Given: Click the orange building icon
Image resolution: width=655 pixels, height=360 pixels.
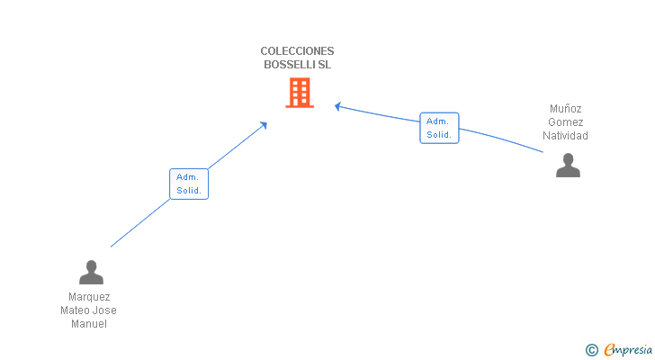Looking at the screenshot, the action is [300, 93].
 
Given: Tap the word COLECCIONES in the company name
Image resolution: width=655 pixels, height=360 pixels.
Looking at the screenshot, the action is [297, 51].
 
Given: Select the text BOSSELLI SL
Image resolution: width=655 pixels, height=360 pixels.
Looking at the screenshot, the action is [297, 65].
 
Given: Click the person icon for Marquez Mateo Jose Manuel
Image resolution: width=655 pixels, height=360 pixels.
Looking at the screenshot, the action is [91, 273].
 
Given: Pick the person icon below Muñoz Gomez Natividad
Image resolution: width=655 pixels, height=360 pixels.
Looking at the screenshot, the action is [568, 166].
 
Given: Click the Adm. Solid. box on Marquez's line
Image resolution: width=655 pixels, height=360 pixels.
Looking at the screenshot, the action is [189, 184].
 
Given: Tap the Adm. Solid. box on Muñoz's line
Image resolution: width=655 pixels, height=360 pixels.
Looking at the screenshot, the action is [439, 128].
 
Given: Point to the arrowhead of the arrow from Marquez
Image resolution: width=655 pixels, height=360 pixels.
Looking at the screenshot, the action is [264, 124].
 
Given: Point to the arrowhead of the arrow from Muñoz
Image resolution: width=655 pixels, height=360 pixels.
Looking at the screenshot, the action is [337, 106].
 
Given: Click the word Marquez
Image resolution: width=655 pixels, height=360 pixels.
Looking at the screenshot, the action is [89, 297].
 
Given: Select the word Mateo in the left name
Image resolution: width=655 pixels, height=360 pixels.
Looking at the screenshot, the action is [75, 310].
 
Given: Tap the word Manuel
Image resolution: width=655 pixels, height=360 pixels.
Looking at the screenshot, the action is [89, 324].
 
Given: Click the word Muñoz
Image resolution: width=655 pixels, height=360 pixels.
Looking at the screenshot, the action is [565, 109].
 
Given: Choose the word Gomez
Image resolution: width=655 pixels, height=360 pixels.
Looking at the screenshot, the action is [565, 121].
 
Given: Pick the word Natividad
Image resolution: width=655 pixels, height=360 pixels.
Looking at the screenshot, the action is [565, 136].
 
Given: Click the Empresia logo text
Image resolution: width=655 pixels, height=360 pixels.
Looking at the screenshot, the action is [628, 349].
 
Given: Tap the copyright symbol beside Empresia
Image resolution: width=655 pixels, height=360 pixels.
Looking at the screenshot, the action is [591, 350].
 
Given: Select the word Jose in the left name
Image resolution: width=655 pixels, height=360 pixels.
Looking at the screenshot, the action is [104, 310].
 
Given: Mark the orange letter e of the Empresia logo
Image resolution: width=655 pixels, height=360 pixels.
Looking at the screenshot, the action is [610, 349].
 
